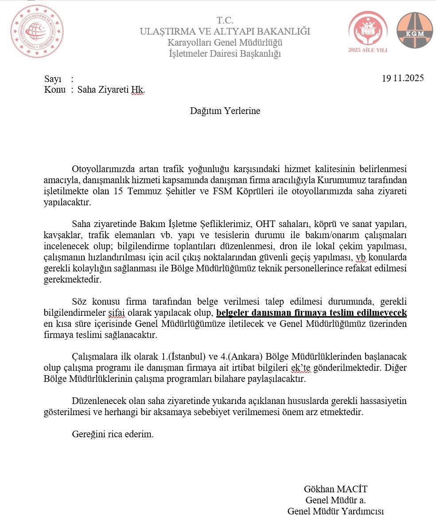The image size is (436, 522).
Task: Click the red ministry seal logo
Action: pyautogui.click(x=37, y=31)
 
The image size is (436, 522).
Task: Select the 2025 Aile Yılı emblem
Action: pyautogui.click(x=367, y=31)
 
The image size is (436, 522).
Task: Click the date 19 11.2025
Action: pyautogui.click(x=403, y=78)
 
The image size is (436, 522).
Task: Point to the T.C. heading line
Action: pyautogui.click(x=225, y=20)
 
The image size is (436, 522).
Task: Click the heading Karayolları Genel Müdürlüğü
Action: pyautogui.click(x=225, y=43)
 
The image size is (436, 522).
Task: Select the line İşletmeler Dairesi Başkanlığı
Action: pyautogui.click(x=225, y=54)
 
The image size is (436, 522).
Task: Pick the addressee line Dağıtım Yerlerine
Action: pyautogui.click(x=225, y=111)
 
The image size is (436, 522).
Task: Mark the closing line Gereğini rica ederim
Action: pyautogui.click(x=113, y=434)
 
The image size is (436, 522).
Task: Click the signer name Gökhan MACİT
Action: pyautogui.click(x=335, y=489)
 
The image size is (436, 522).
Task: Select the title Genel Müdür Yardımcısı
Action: pyautogui.click(x=335, y=511)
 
